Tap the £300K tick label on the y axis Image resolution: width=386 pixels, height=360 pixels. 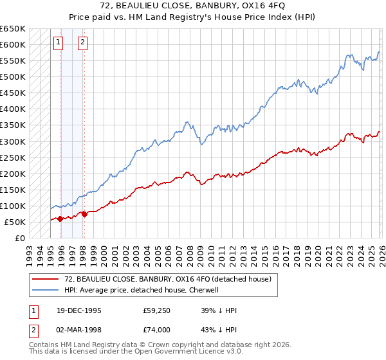[x=13, y=141]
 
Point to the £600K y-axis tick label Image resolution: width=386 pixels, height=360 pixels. [x=13, y=44]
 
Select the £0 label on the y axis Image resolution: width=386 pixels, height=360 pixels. [x=19, y=239]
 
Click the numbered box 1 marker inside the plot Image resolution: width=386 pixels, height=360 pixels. [x=59, y=43]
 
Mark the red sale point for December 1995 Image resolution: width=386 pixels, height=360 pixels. [x=60, y=219]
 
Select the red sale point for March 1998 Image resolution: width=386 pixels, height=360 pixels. [x=84, y=214]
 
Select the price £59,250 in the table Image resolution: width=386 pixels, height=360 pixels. [x=157, y=310]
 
